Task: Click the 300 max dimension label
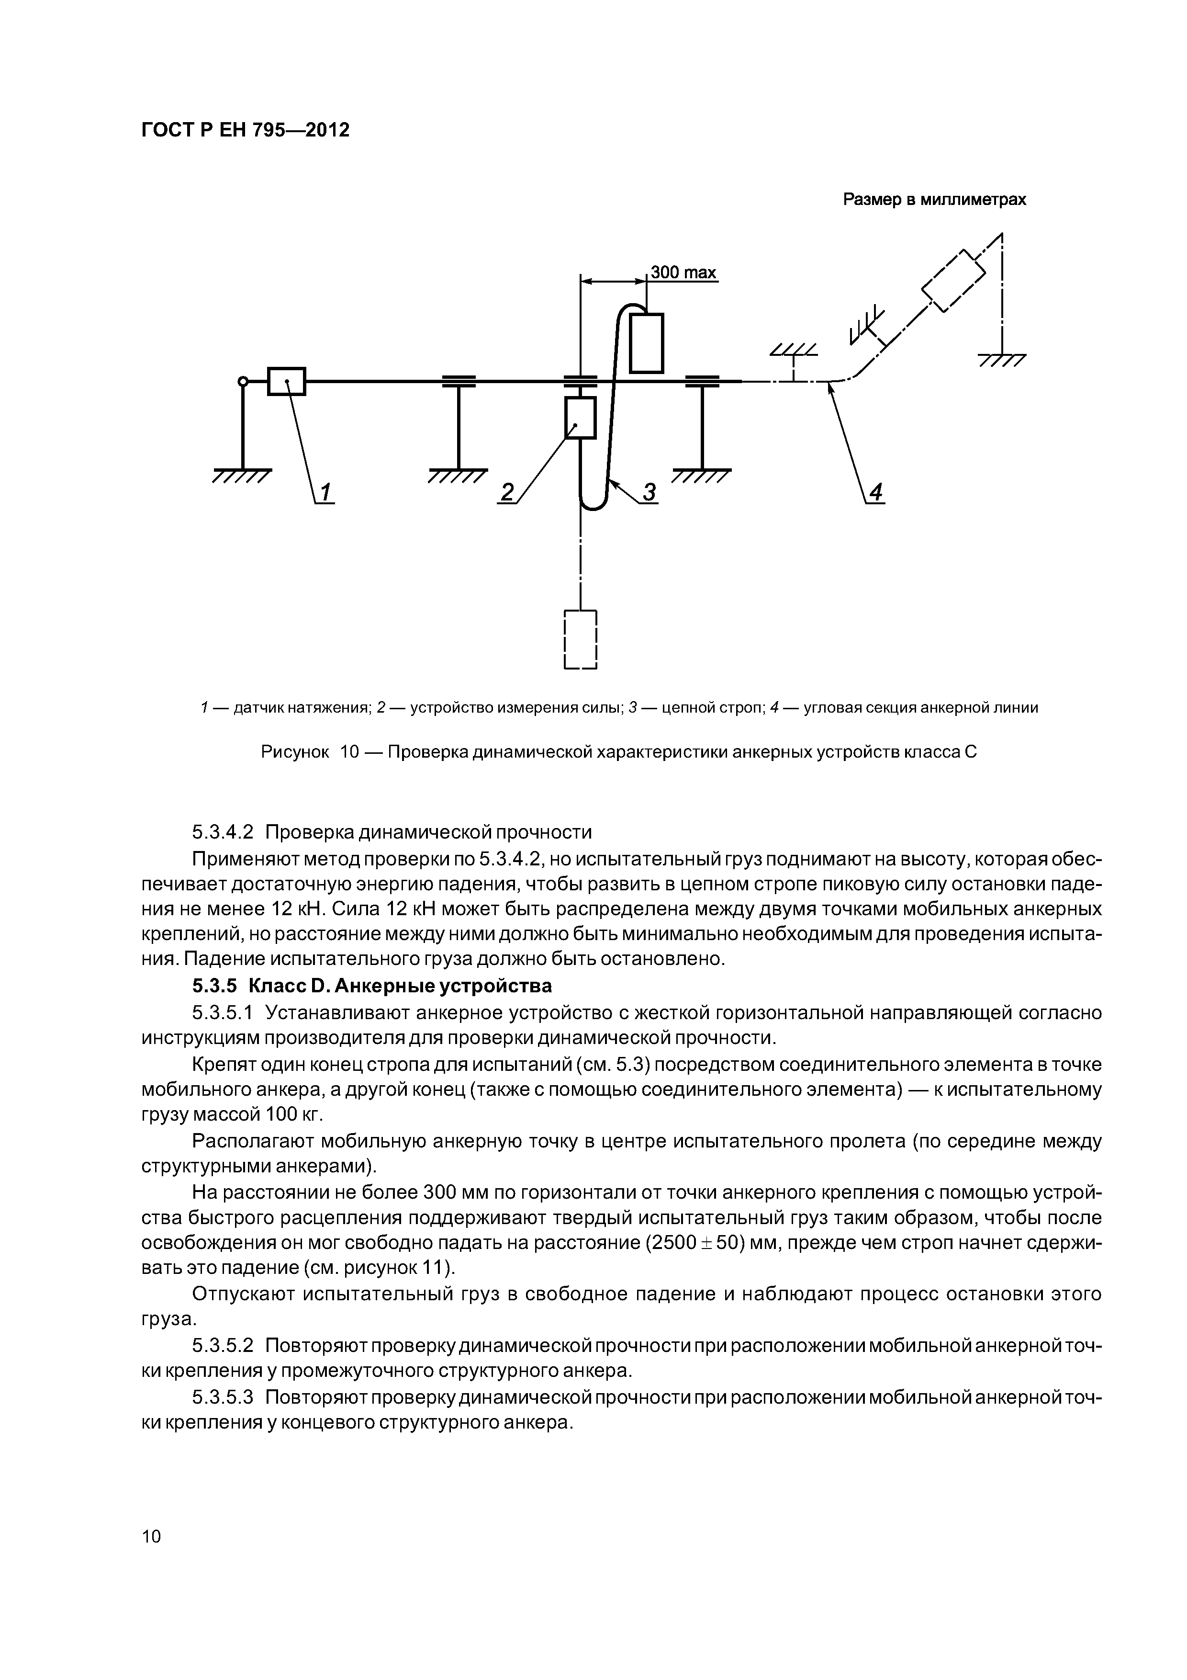[683, 273]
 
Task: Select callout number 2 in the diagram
[506, 492]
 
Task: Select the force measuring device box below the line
[581, 418]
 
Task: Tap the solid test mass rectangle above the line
[647, 342]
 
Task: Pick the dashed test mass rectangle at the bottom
[581, 639]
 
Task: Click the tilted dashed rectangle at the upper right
[954, 282]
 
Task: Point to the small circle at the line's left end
[243, 380]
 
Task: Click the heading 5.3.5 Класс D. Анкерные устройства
[371, 986]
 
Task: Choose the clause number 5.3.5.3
[223, 1397]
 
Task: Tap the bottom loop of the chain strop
[593, 504]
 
